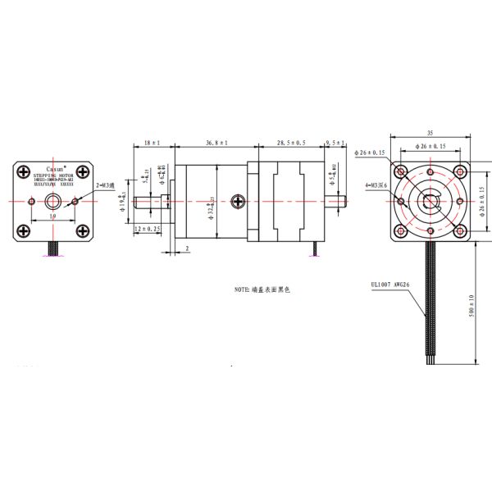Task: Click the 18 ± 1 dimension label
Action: pyautogui.click(x=152, y=143)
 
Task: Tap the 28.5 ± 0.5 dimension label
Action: pyautogui.click(x=291, y=143)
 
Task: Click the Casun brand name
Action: pyautogui.click(x=55, y=167)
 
